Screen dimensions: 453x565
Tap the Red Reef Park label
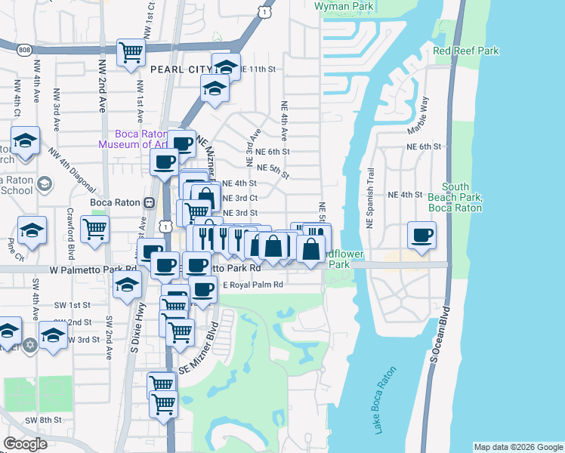point(466,51)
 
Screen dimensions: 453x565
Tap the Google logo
point(25,444)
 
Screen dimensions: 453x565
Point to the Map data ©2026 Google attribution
point(517,447)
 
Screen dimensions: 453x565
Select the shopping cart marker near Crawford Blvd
point(95,228)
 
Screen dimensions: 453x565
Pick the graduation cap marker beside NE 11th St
point(226,66)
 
